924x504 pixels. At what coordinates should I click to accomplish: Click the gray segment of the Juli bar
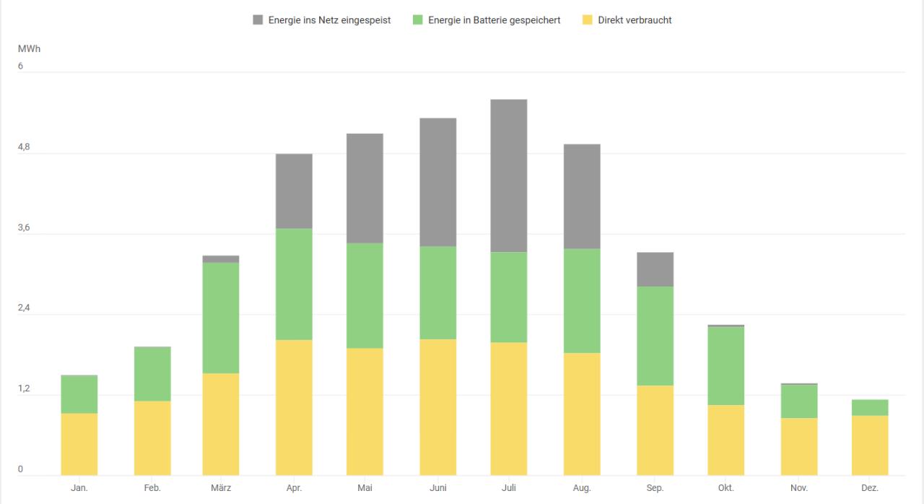click(x=509, y=175)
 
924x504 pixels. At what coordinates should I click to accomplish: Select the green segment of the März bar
click(x=221, y=318)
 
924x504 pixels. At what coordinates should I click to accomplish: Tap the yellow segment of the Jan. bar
click(x=79, y=444)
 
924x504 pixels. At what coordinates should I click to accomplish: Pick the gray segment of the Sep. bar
click(x=655, y=269)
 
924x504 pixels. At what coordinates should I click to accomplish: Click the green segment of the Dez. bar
click(x=870, y=407)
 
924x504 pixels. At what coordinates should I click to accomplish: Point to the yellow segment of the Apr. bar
click(x=294, y=407)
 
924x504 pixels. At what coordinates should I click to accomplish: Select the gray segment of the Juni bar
click(x=437, y=182)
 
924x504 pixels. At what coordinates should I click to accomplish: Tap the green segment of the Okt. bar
click(x=726, y=365)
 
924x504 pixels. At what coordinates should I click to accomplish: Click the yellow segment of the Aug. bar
click(x=582, y=414)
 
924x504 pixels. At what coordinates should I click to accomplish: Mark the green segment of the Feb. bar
click(x=152, y=373)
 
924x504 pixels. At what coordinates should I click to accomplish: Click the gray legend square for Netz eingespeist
click(x=258, y=20)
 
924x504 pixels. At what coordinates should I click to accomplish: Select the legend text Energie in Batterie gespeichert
click(x=494, y=20)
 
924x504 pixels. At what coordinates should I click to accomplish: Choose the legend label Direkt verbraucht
click(x=635, y=20)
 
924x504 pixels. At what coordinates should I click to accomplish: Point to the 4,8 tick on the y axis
click(x=24, y=147)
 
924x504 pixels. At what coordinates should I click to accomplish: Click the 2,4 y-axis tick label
click(x=24, y=308)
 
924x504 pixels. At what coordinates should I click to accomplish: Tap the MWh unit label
click(x=28, y=48)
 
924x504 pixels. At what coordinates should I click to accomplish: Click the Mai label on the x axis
click(x=365, y=488)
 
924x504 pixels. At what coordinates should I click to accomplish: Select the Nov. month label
click(x=798, y=488)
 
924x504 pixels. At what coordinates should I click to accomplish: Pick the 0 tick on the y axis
click(x=20, y=469)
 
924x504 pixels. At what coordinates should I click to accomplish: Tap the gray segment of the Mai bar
click(x=365, y=188)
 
